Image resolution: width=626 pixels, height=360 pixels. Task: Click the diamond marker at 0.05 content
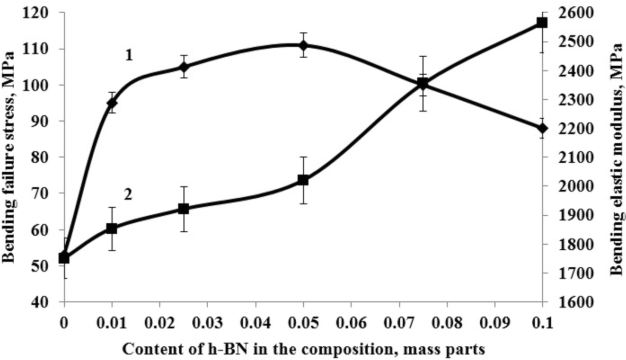[303, 45]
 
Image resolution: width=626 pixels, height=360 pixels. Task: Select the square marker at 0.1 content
[542, 22]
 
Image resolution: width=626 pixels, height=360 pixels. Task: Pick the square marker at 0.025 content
[184, 209]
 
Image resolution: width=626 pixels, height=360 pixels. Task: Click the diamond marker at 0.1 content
[542, 128]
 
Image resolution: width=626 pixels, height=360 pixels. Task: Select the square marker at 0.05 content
[303, 180]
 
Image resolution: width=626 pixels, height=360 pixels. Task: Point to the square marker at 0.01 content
[112, 229]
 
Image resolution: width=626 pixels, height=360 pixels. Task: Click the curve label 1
[129, 55]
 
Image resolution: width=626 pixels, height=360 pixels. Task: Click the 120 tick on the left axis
[41, 13]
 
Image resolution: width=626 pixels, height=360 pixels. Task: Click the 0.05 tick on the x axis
[303, 321]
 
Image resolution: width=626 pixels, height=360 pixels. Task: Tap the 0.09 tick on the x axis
[495, 321]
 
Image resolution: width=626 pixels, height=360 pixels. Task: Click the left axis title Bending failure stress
[10, 157]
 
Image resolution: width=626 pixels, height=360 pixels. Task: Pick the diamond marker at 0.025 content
[184, 67]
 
